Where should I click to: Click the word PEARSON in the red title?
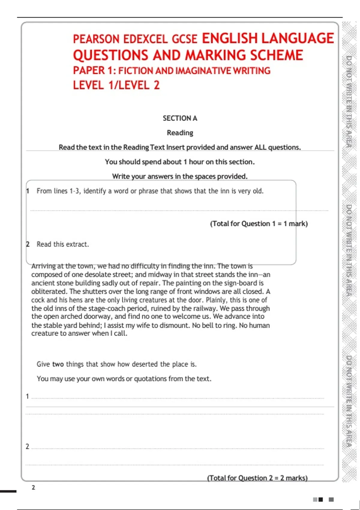(x=96, y=39)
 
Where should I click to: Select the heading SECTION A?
(x=180, y=118)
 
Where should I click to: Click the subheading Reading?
(x=180, y=133)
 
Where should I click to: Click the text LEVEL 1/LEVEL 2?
(x=116, y=85)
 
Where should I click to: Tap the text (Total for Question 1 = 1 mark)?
(x=259, y=224)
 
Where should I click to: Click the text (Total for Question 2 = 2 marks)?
(x=257, y=478)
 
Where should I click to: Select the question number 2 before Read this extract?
(x=28, y=244)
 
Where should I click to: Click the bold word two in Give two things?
(x=58, y=364)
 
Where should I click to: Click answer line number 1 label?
(x=27, y=396)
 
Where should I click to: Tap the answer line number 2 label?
(x=27, y=446)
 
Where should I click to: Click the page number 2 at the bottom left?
(x=33, y=487)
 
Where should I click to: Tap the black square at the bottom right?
(x=321, y=499)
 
